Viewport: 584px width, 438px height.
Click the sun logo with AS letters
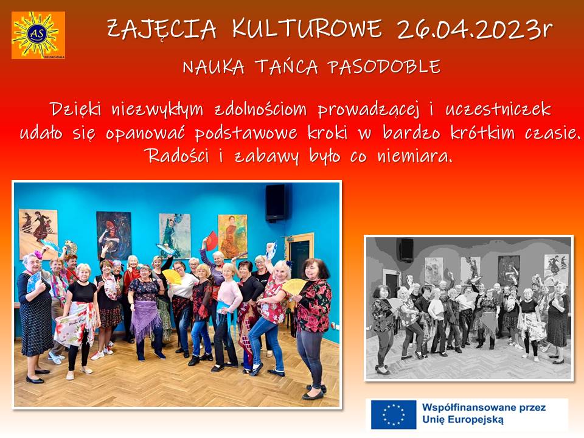(38, 35)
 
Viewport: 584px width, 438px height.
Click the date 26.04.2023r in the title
(474, 29)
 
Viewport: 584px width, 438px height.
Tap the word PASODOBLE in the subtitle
(384, 67)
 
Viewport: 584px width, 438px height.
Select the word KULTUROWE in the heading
(307, 29)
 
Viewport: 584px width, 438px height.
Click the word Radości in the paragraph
(178, 155)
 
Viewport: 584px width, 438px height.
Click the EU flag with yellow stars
(394, 414)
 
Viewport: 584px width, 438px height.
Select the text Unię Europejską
(462, 420)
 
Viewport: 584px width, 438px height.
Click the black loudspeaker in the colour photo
(276, 203)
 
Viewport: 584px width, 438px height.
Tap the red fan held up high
(212, 240)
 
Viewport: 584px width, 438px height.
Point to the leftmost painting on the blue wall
(38, 234)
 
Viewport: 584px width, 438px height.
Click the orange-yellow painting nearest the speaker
(232, 237)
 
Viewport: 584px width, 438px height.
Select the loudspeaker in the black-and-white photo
(406, 250)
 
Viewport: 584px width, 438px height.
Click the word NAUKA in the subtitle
(214, 67)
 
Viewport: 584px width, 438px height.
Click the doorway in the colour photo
(300, 257)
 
